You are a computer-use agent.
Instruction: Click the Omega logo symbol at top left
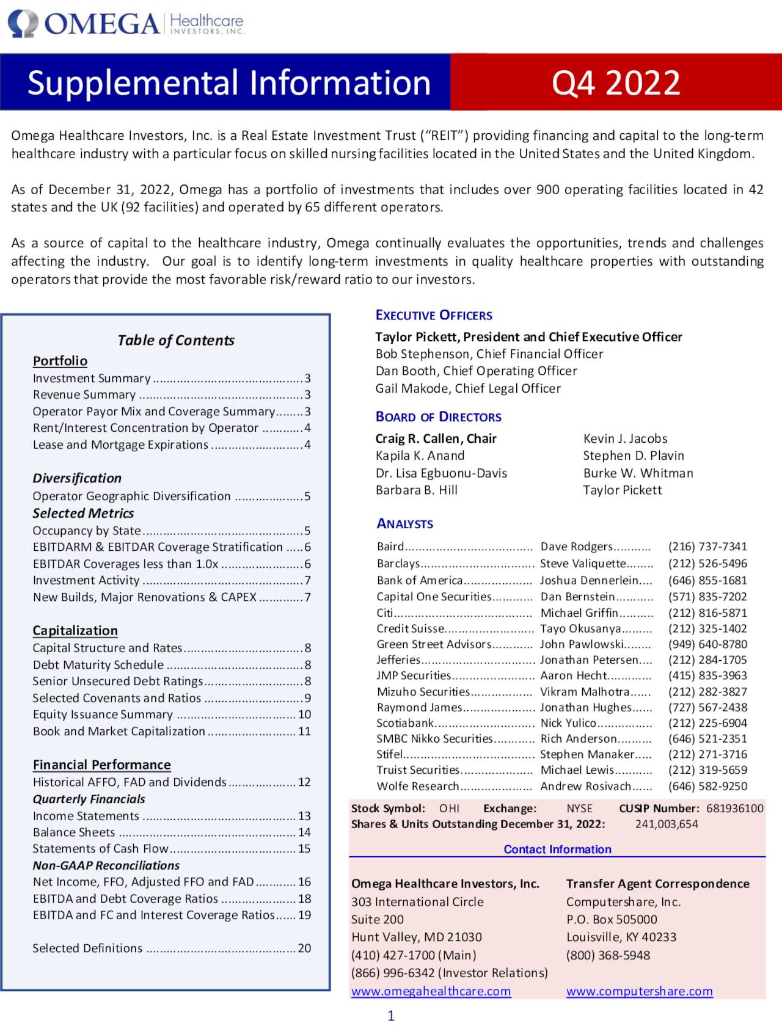(x=23, y=24)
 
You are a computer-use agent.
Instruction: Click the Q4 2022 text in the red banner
(x=615, y=82)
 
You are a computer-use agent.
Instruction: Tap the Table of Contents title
(x=175, y=340)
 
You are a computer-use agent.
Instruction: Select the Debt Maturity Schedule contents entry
(x=98, y=664)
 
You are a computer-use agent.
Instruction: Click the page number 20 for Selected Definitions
(x=304, y=948)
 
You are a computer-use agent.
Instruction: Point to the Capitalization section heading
(x=75, y=630)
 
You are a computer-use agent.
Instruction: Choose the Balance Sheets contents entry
(x=74, y=832)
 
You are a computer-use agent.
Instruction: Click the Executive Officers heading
(x=434, y=315)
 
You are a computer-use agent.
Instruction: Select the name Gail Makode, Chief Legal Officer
(x=468, y=388)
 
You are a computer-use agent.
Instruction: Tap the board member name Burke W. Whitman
(x=638, y=473)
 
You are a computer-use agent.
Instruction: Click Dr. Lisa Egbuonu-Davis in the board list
(x=441, y=473)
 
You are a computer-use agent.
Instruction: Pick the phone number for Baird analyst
(x=707, y=547)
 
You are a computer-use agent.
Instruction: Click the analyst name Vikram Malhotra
(x=585, y=691)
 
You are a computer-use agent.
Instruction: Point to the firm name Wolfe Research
(x=417, y=786)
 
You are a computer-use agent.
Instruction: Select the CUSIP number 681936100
(x=735, y=808)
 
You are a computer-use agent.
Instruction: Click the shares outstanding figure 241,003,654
(x=667, y=824)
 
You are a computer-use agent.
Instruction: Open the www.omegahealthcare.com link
(x=431, y=991)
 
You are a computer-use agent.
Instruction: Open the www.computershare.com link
(x=639, y=991)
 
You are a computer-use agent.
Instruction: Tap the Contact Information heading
(x=557, y=849)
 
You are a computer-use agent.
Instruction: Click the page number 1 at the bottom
(x=391, y=1016)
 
